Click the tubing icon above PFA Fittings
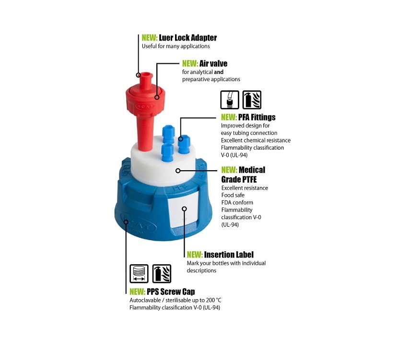click(x=230, y=100)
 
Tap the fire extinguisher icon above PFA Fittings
click(x=252, y=100)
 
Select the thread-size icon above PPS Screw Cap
click(x=139, y=274)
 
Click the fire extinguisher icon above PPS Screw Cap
click(x=162, y=274)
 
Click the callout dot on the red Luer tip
click(x=138, y=75)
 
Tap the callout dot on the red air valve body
click(x=157, y=97)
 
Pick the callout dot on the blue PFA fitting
click(x=180, y=139)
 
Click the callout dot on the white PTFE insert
click(x=178, y=171)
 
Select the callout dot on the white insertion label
click(x=185, y=209)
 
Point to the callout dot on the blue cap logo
click(x=126, y=222)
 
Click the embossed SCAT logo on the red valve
click(x=145, y=106)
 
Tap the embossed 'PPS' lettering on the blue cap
click(x=180, y=188)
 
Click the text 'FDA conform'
click(x=237, y=202)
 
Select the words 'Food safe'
click(x=233, y=195)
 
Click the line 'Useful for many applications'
click(x=176, y=46)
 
